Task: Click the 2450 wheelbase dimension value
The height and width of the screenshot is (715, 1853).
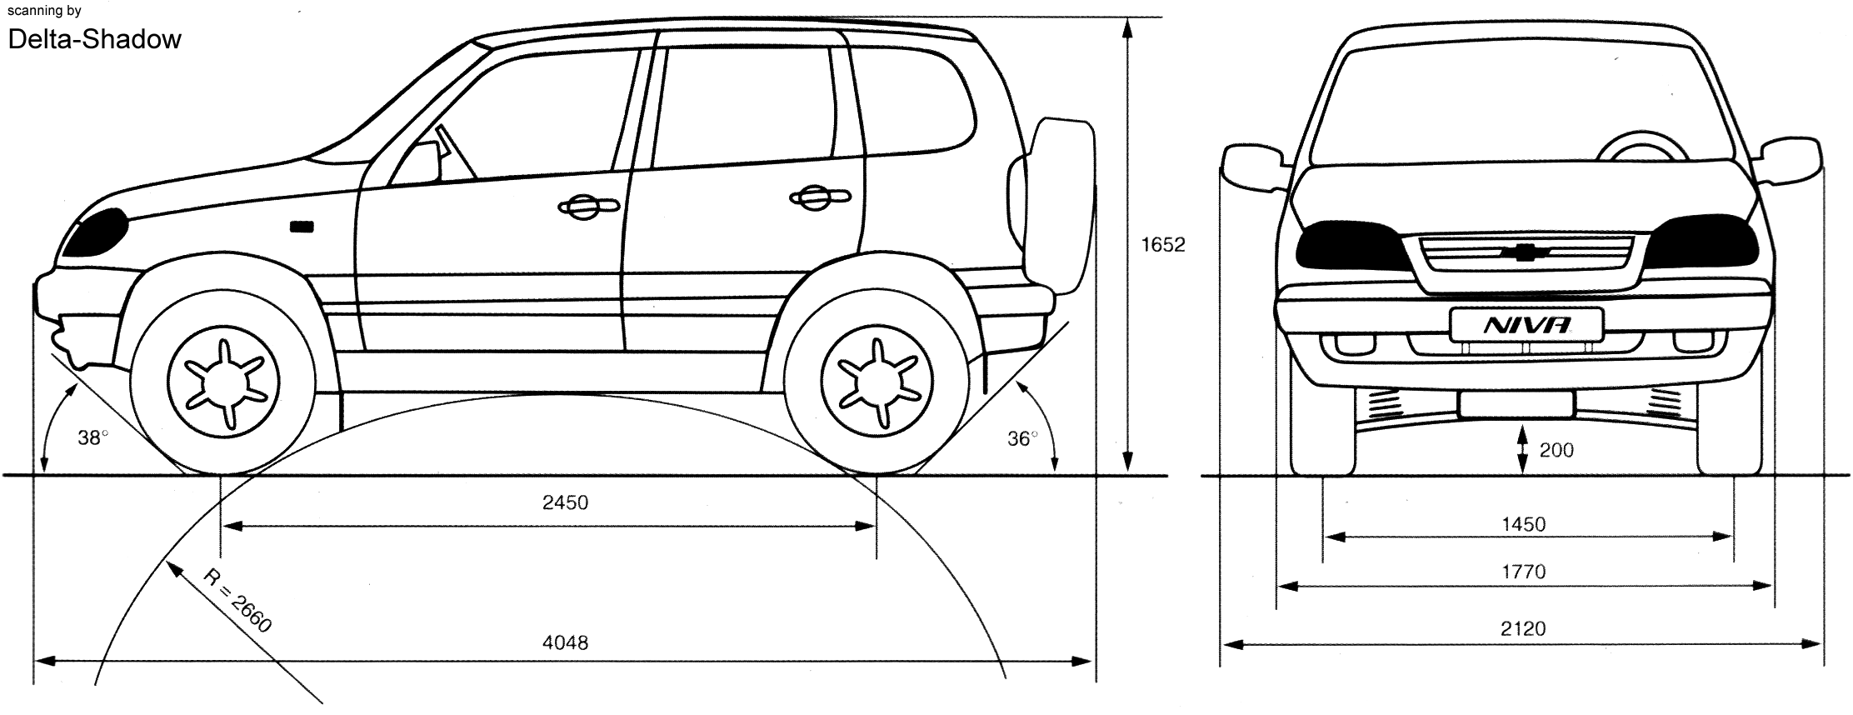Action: (565, 502)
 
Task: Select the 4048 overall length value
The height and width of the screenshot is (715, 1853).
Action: (565, 642)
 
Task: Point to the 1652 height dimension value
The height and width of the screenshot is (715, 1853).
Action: (1163, 245)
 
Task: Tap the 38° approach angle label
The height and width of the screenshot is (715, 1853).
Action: (93, 437)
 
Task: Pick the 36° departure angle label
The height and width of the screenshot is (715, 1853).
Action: (1022, 438)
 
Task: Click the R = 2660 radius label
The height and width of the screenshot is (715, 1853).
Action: (237, 600)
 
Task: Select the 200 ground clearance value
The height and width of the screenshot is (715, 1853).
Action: (1556, 451)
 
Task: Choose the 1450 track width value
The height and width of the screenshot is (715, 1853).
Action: (1523, 524)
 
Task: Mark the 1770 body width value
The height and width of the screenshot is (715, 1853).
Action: (1523, 572)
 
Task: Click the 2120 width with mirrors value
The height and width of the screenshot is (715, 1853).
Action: (1523, 628)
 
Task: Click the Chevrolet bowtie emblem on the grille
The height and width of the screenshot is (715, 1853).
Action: (1526, 253)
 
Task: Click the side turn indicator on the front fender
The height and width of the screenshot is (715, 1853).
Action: (301, 226)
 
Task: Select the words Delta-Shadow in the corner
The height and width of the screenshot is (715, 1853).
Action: (94, 39)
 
